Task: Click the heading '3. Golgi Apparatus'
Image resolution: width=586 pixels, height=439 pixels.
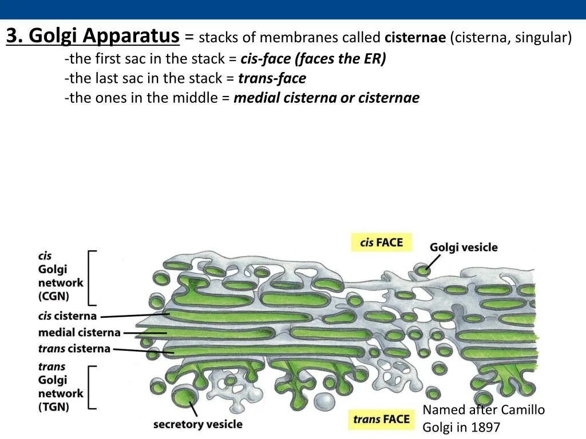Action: click(x=93, y=37)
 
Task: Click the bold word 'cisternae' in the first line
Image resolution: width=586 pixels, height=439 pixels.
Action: click(x=415, y=38)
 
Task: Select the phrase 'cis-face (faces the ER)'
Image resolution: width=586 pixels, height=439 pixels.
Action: click(x=313, y=59)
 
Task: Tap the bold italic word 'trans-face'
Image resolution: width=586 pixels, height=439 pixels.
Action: click(x=272, y=78)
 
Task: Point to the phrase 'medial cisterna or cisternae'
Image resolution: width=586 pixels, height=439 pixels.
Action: click(x=326, y=98)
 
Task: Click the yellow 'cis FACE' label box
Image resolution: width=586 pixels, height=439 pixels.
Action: click(x=381, y=242)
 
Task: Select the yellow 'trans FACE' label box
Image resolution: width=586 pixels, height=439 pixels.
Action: click(x=381, y=420)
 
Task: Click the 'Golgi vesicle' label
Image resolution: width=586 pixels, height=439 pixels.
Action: click(x=464, y=248)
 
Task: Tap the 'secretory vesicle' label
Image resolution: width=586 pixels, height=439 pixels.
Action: click(x=197, y=424)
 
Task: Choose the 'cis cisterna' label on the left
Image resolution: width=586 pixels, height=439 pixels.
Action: click(x=67, y=316)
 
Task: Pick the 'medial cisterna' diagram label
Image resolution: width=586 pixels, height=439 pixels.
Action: click(x=79, y=332)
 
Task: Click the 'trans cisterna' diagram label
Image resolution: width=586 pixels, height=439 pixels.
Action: click(x=74, y=348)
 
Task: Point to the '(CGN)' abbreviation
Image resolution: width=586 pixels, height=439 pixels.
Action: click(x=53, y=296)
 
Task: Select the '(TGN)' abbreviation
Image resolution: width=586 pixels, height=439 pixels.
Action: click(x=53, y=407)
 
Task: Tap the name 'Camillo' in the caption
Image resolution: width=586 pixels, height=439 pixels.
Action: click(x=522, y=410)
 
